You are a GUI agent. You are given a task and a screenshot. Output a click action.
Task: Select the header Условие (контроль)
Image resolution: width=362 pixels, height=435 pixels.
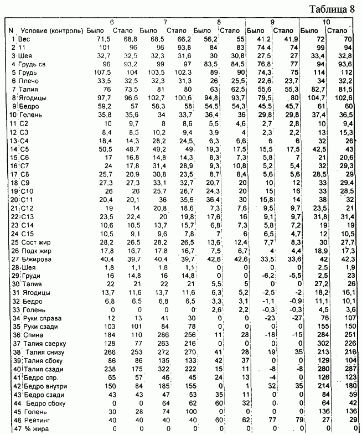tap(51, 30)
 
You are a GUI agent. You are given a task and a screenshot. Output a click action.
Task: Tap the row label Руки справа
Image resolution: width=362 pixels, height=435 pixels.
tap(42, 319)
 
